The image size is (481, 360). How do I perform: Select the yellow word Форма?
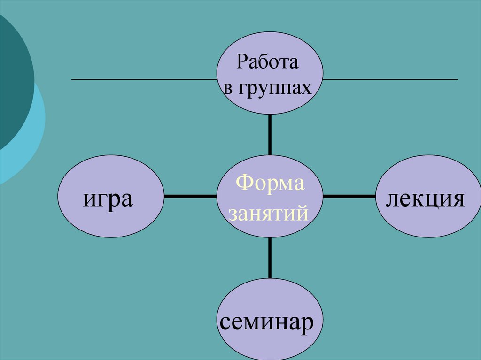click(270, 183)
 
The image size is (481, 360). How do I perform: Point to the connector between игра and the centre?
click(190, 196)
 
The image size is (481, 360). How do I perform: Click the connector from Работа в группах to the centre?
click(270, 135)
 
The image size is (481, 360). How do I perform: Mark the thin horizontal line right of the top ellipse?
click(390, 80)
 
